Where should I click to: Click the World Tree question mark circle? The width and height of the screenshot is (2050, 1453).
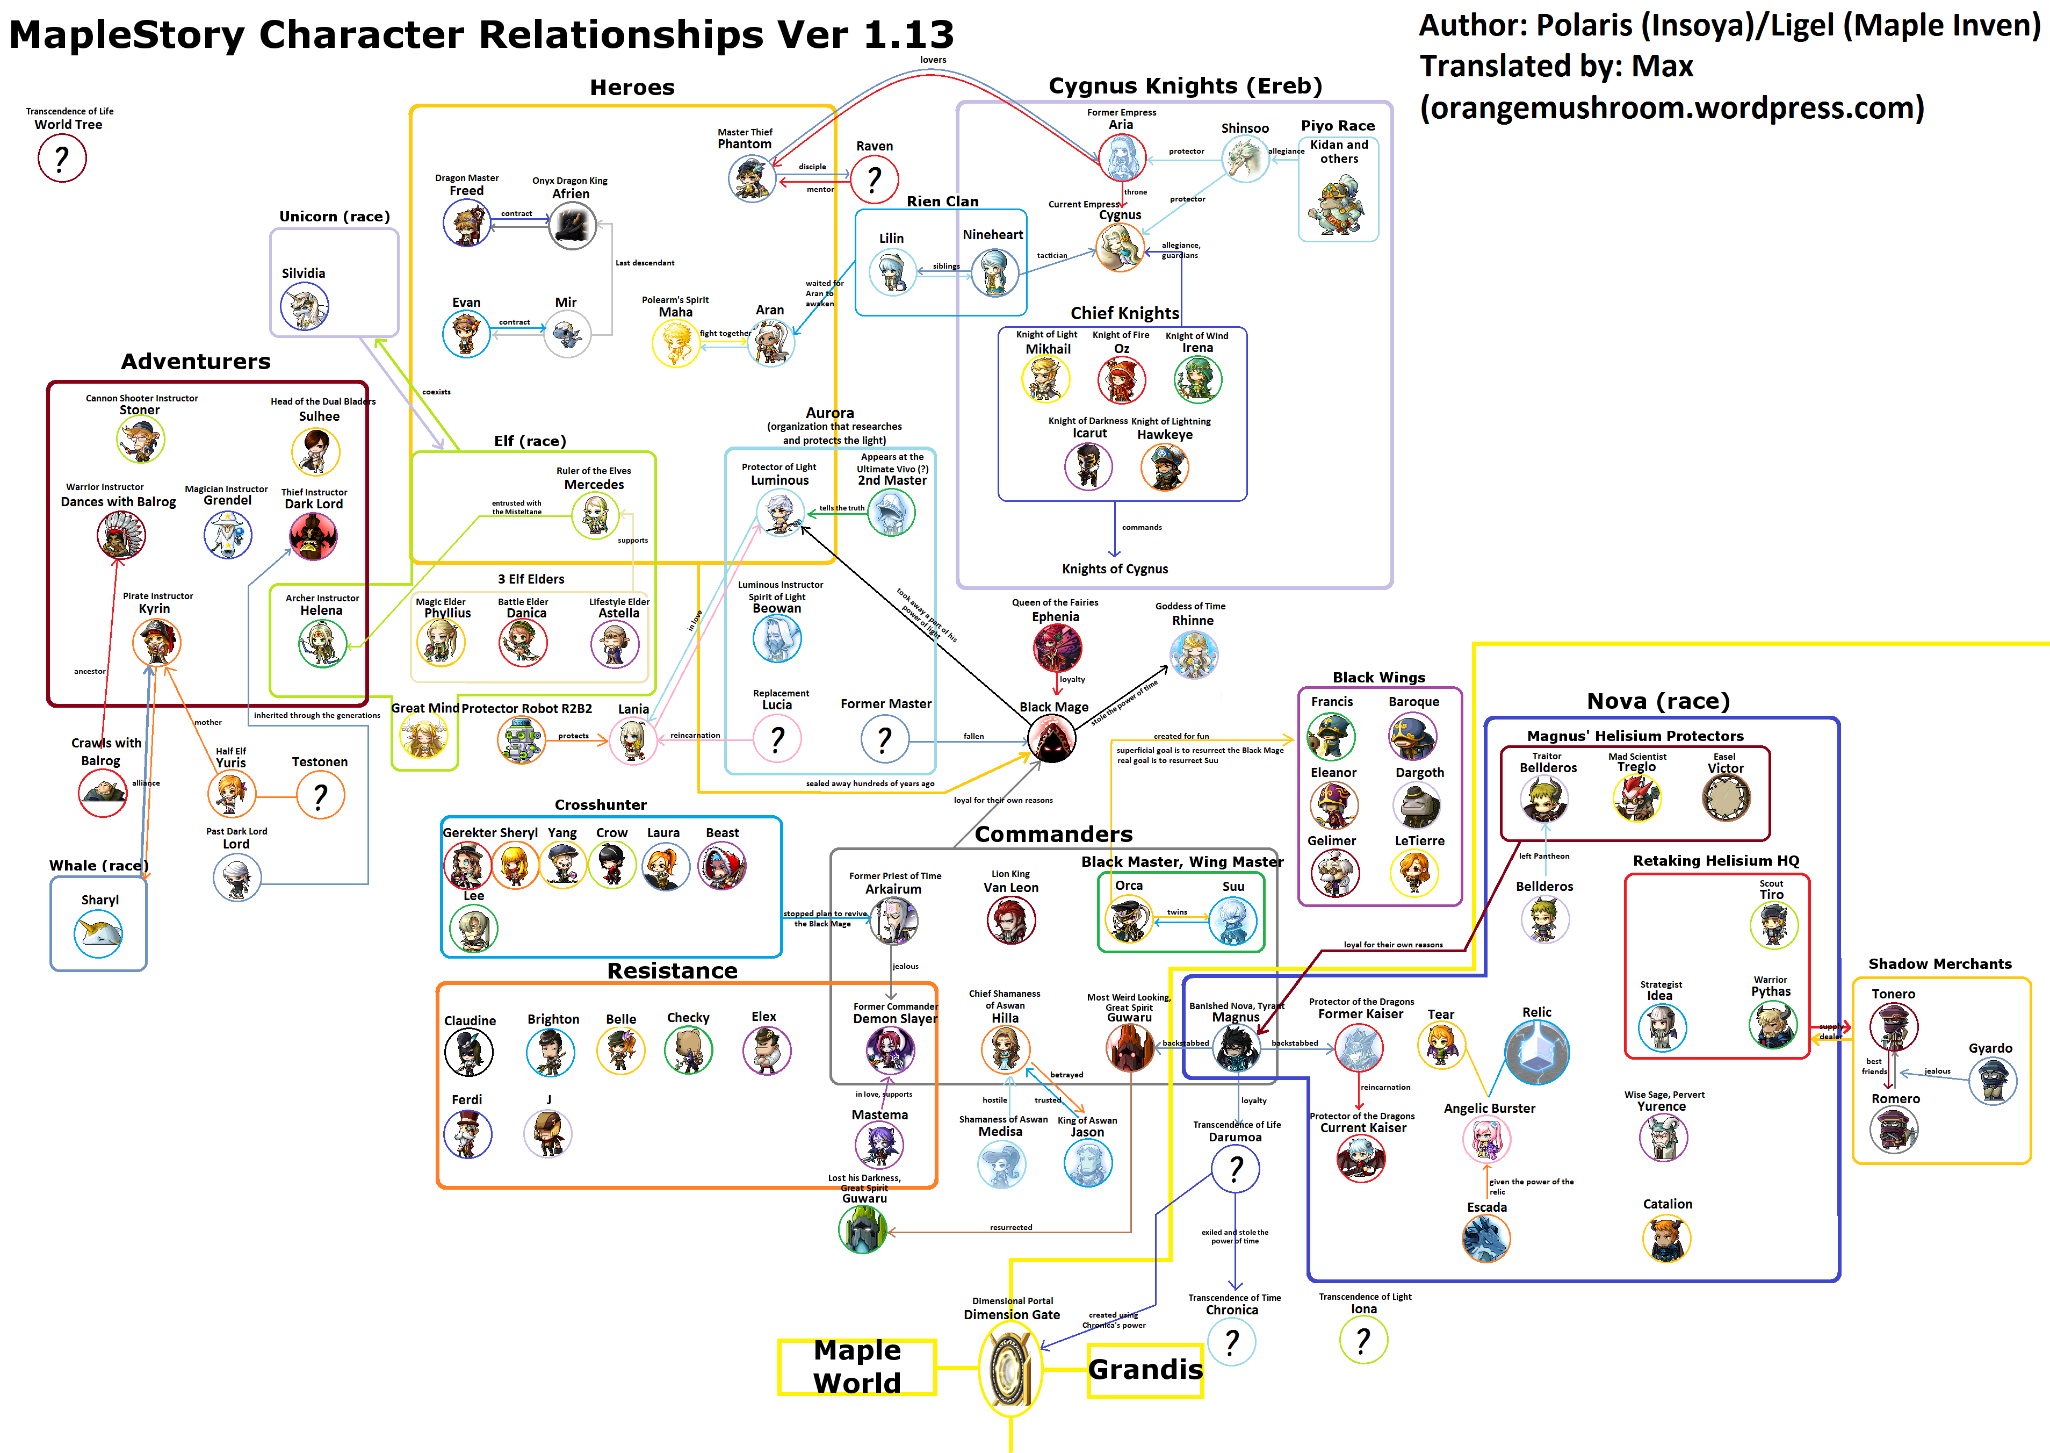click(62, 159)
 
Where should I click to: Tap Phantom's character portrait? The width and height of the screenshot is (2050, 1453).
click(752, 177)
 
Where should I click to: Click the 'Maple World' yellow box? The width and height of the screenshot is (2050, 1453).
click(857, 1366)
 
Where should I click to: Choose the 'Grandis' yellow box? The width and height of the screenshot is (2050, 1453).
click(1145, 1370)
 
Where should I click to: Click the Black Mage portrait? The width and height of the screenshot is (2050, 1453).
click(1052, 739)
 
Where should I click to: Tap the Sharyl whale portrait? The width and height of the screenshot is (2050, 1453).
click(98, 933)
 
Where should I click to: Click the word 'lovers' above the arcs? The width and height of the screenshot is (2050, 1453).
click(933, 60)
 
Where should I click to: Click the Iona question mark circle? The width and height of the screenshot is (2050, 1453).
click(1363, 1340)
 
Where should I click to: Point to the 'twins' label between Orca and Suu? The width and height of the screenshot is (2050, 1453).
click(1177, 912)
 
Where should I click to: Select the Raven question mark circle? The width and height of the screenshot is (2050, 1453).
click(874, 179)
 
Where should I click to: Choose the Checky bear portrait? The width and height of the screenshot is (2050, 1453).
click(688, 1049)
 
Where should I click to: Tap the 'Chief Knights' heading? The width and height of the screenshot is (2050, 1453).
click(1124, 313)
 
